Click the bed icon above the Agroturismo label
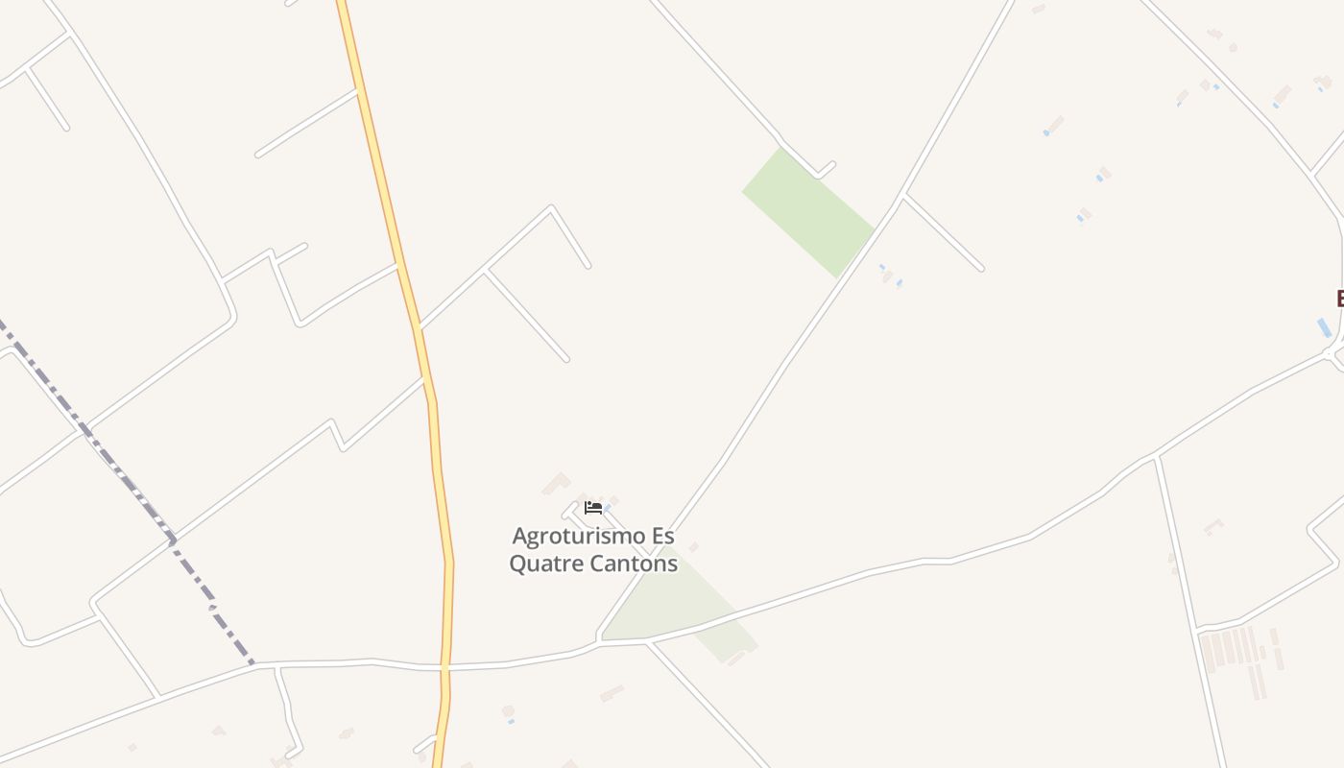tap(593, 507)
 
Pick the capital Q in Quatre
tap(517, 564)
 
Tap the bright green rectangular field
tap(807, 211)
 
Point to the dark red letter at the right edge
tap(1339, 298)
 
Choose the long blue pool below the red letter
tap(1324, 327)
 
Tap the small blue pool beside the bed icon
tap(609, 509)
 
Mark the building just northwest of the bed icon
tap(556, 483)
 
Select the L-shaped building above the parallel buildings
tap(1213, 526)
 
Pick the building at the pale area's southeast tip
tap(737, 658)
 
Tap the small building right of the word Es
tap(693, 547)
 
